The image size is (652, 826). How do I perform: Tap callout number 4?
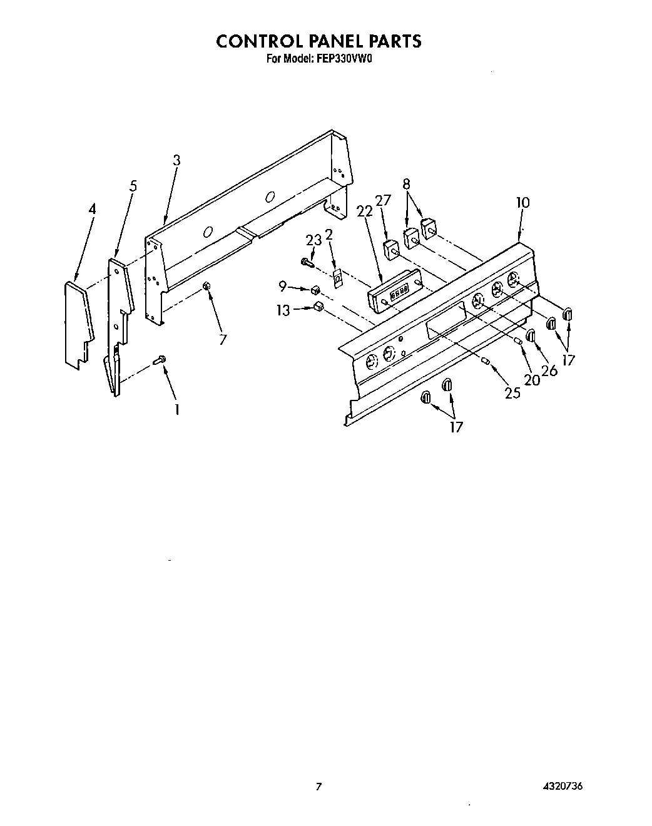click(92, 209)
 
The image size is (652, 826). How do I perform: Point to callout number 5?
click(133, 186)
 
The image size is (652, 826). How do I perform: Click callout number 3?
click(177, 160)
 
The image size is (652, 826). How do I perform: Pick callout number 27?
click(382, 200)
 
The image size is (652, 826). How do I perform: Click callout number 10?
click(523, 202)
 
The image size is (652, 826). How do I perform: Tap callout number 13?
click(284, 310)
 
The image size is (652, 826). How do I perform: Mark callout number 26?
click(549, 370)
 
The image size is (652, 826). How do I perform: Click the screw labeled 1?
click(160, 359)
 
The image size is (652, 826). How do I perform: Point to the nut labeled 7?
click(206, 286)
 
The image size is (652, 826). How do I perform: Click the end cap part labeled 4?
click(79, 322)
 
